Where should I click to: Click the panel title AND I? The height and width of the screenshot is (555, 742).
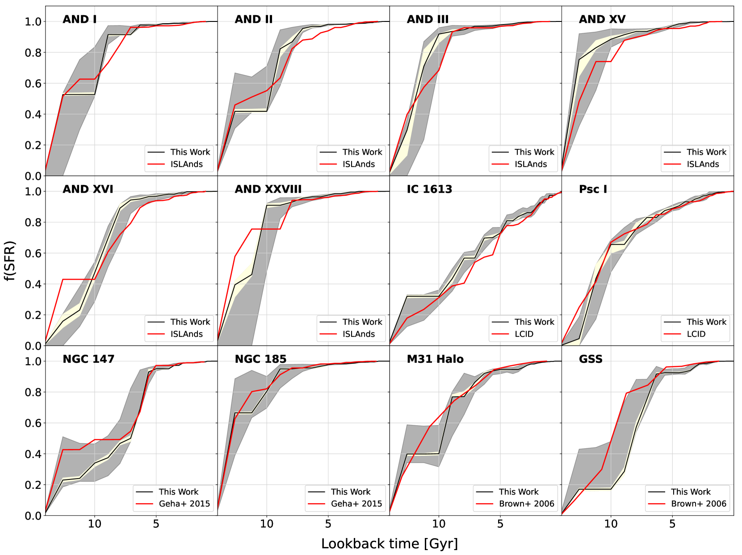tap(80, 19)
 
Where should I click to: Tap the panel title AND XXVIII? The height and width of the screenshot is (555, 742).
tap(268, 189)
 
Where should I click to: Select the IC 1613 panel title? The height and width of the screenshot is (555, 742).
tap(429, 189)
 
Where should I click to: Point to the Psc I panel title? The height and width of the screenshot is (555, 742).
tap(593, 189)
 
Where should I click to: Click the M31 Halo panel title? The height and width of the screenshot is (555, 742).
tap(435, 359)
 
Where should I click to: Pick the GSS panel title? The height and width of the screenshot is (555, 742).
tap(591, 359)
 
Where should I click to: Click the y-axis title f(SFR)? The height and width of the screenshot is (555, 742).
tap(10, 261)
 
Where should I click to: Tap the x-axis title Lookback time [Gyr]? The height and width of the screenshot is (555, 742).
tap(389, 544)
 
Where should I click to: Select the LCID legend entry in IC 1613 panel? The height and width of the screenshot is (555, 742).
tap(524, 334)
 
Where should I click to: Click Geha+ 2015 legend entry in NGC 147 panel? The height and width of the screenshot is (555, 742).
tap(184, 504)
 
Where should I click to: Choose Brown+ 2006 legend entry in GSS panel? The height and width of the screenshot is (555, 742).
tap(699, 504)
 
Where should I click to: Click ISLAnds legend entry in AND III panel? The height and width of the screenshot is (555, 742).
tap(531, 164)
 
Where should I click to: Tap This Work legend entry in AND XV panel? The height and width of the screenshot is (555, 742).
tap(706, 152)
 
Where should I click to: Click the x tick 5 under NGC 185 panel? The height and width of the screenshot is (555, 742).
tap(328, 524)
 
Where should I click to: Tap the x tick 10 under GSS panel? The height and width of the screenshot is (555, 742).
tap(611, 524)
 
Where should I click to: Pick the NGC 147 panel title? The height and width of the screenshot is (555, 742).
tap(88, 359)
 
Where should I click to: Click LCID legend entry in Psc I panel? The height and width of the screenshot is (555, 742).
tap(696, 334)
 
